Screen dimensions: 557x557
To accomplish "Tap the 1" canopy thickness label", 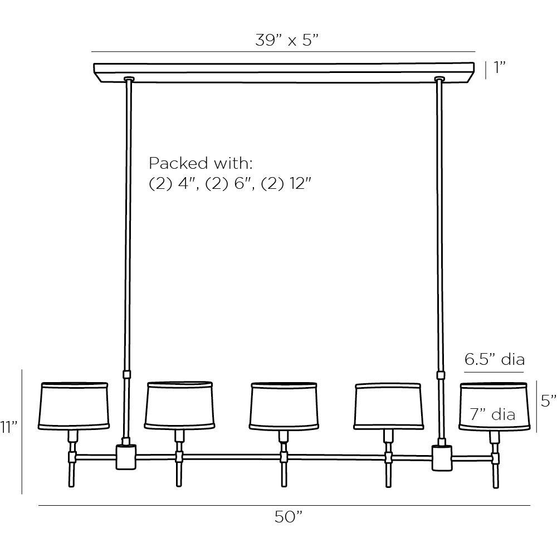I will (499, 69).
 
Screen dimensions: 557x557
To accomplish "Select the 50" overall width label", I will (288, 517).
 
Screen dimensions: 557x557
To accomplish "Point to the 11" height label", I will (9, 427).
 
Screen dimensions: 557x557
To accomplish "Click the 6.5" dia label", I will (495, 359).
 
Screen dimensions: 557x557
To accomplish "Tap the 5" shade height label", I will (548, 400).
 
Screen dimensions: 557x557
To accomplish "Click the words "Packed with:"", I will (201, 164).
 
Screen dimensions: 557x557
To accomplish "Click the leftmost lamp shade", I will (74, 406).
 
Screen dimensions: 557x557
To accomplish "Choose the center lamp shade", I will (283, 406).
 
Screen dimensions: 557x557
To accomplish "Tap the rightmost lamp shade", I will (492, 406).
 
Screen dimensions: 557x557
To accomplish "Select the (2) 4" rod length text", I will (174, 184).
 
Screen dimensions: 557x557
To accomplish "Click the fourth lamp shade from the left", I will (388, 406).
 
